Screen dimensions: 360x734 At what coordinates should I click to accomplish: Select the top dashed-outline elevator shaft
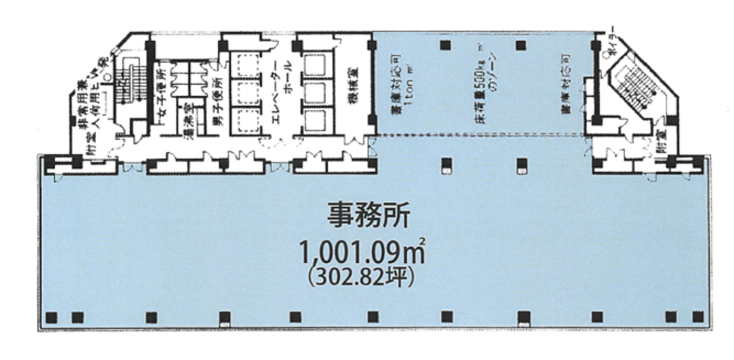247,65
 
